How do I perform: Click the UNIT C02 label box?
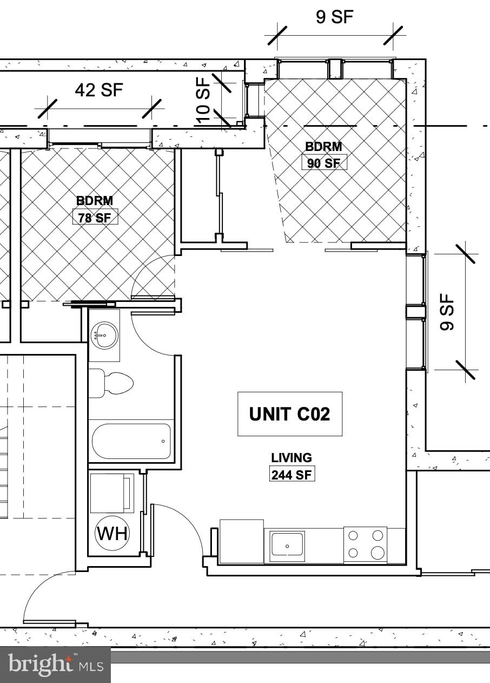point(290,414)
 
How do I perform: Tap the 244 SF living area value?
point(292,475)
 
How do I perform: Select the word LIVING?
point(292,458)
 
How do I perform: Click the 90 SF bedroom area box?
point(324,162)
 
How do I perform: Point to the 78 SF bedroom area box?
point(95,218)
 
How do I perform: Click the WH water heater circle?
point(112,534)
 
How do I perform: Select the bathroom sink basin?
point(104,335)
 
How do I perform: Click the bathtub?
point(131,441)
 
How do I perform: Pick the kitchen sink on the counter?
point(287,544)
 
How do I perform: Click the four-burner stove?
point(366,544)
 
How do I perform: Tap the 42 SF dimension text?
point(99,90)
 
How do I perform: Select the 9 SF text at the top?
point(334,17)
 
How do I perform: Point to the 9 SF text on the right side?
point(447,312)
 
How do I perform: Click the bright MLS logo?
point(55,664)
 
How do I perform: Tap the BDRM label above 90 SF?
point(323,146)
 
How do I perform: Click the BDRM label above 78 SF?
point(95,201)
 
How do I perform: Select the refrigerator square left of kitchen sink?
point(241,541)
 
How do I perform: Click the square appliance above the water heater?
point(112,493)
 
